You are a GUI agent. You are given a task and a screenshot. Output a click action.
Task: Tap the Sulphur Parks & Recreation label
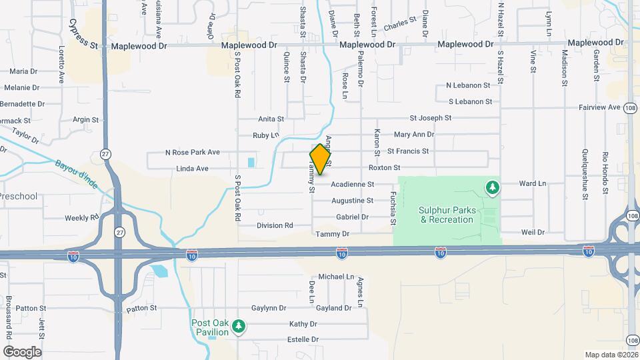tap(447, 215)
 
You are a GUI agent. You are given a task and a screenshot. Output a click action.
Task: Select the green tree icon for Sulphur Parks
tap(493, 188)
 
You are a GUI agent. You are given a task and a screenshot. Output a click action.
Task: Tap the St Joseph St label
tap(430, 118)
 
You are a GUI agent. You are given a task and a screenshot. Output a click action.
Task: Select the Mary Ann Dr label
tap(414, 135)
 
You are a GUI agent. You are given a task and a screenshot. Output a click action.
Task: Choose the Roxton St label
tap(384, 168)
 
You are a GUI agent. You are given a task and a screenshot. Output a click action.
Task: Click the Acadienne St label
tap(352, 184)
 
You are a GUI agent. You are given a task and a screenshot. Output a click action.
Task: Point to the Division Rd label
tap(275, 225)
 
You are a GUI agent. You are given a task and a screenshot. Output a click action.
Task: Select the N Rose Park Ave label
tap(193, 153)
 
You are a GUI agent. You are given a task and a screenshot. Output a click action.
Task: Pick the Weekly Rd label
tap(81, 218)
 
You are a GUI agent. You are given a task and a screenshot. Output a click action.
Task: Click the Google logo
tap(22, 351)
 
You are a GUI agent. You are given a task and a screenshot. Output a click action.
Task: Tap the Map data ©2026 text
tap(611, 355)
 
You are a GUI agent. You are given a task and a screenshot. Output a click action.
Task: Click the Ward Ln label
tap(532, 183)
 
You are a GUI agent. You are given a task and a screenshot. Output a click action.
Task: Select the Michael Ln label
tap(336, 276)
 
